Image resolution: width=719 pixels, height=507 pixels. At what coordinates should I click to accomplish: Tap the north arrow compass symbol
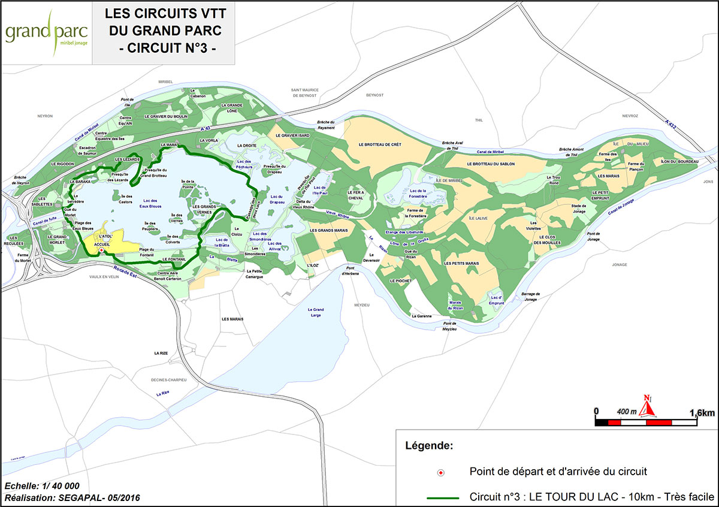647,408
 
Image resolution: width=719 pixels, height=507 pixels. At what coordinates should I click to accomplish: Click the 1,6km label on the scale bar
702,413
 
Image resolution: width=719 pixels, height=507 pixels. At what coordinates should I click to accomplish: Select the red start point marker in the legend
441,473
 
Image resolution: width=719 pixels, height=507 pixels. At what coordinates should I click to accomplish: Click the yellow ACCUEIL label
102,244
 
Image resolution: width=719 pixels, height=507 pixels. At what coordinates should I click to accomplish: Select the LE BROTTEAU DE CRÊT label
379,144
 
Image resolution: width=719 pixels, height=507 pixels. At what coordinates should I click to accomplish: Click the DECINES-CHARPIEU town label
170,380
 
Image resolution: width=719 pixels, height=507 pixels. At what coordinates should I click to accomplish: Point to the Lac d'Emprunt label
496,300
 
